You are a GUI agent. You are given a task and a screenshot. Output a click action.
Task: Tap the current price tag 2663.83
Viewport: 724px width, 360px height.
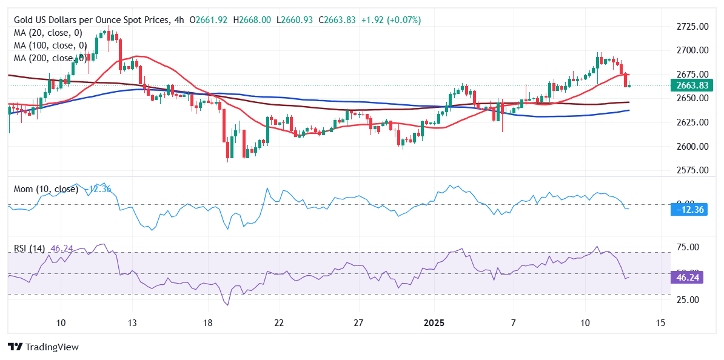click(x=691, y=85)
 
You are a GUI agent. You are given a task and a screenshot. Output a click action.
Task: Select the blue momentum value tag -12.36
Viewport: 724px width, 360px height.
click(x=690, y=210)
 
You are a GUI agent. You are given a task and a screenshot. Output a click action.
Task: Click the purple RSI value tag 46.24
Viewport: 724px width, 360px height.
click(x=690, y=278)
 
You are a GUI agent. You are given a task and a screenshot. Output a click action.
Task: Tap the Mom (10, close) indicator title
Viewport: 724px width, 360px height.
click(x=46, y=189)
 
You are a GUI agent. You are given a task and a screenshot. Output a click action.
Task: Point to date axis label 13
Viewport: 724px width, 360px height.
click(x=133, y=322)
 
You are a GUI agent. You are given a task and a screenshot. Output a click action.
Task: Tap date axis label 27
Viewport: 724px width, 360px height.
click(x=358, y=322)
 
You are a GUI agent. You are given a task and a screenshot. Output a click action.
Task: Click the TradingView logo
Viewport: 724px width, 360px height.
click(x=43, y=347)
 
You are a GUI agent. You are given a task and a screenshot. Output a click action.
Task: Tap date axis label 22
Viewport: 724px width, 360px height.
click(x=278, y=322)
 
